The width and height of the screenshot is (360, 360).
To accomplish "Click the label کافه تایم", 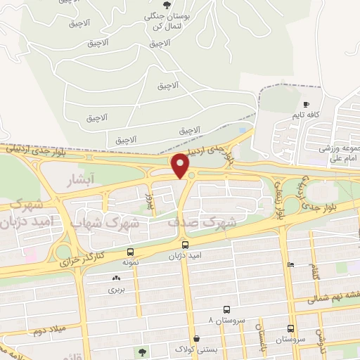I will [307, 114].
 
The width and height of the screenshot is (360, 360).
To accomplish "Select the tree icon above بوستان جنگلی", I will [167, 6].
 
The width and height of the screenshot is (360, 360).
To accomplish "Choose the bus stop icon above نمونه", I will [130, 252].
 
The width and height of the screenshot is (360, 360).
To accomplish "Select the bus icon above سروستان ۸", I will [226, 309].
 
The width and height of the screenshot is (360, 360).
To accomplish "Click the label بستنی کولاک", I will [192, 349].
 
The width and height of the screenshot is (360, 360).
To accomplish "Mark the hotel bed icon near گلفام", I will [290, 264].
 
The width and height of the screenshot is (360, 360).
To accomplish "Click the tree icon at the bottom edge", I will [143, 353].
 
